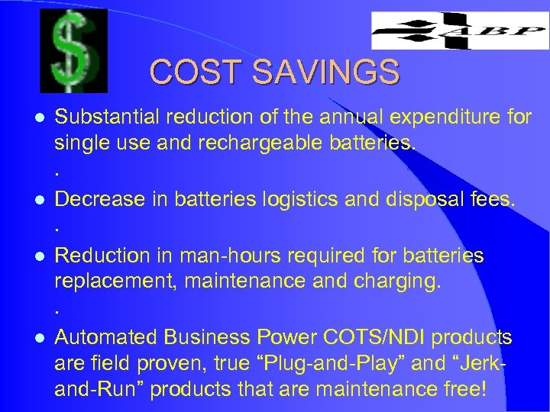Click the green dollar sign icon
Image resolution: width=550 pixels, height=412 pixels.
pos(75,53)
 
